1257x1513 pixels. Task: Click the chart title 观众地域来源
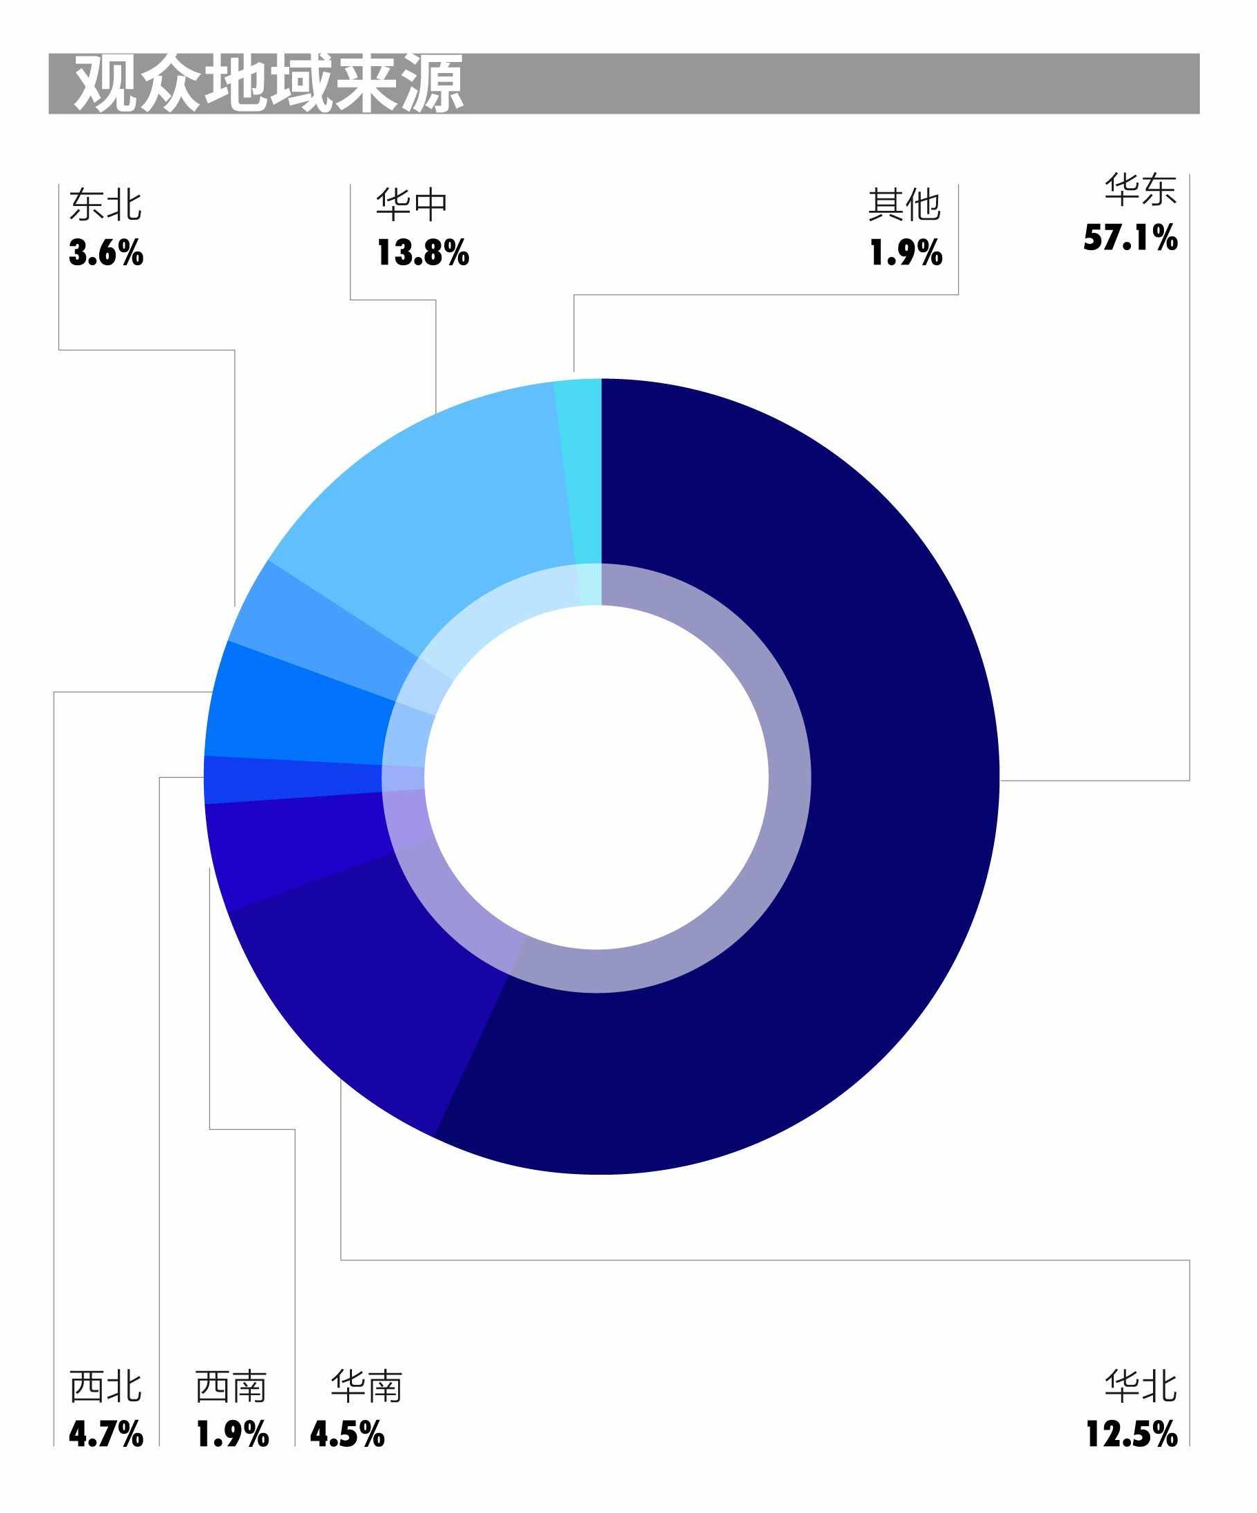(x=268, y=84)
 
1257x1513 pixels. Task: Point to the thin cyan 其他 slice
(x=580, y=469)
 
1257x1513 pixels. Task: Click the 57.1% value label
(x=1130, y=238)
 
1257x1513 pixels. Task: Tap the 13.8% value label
(x=423, y=254)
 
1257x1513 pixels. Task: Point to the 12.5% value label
(x=1132, y=1434)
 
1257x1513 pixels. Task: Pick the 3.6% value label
(x=106, y=254)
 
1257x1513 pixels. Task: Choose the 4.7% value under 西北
(x=106, y=1434)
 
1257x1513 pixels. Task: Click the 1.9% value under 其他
(x=906, y=254)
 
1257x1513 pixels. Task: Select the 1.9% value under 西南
(x=232, y=1434)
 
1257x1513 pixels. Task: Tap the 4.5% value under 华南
(x=347, y=1434)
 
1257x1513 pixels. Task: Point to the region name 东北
(x=106, y=205)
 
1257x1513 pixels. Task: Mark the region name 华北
(x=1141, y=1387)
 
